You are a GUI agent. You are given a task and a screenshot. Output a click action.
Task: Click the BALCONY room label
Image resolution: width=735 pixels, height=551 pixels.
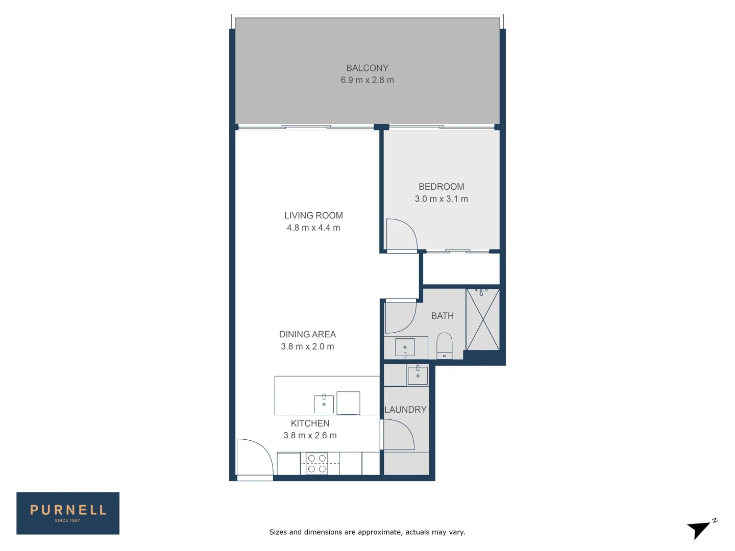pos(367,68)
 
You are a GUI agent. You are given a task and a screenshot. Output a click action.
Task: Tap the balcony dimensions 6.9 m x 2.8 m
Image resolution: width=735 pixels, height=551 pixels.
pos(367,80)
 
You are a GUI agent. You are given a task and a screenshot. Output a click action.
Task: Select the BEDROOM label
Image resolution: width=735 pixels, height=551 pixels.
pos(441,187)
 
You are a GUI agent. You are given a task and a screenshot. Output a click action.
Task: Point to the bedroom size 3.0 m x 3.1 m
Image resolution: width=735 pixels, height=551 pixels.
pos(441,199)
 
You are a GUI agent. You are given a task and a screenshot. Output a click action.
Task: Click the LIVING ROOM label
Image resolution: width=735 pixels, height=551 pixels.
pos(313,215)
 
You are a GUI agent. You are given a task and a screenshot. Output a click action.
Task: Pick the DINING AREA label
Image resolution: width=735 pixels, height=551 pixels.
pos(307,334)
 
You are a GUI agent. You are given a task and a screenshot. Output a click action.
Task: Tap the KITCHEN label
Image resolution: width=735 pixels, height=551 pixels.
pos(310,423)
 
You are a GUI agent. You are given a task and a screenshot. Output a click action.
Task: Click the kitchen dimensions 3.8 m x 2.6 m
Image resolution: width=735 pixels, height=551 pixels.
pos(310,436)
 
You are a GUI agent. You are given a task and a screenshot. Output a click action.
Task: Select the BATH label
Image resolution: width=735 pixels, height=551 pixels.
pos(442,316)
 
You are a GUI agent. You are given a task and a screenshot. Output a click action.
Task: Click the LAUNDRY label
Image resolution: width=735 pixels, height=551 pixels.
pos(405,410)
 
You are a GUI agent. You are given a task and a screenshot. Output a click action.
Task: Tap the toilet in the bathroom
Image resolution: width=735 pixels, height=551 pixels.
pos(445,345)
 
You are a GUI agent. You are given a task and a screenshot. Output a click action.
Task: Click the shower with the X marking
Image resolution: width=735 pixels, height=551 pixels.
pos(483,320)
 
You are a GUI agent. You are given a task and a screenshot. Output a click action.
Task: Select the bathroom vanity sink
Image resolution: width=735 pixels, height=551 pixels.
pos(405,348)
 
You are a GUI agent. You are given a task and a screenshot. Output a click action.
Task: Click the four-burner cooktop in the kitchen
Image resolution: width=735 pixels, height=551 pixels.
pos(316,464)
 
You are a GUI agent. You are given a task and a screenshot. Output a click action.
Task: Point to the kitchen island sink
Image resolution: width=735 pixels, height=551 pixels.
pos(324,404)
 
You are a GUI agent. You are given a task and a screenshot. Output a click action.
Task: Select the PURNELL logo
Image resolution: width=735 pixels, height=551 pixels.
pos(68,513)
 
